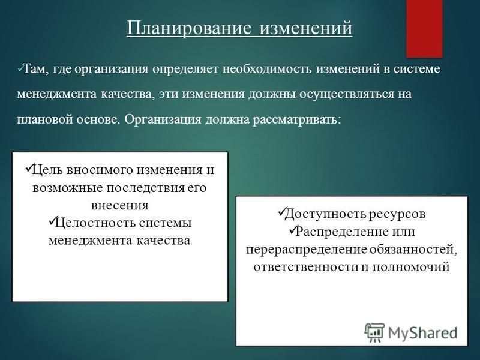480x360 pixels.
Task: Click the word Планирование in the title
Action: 189,28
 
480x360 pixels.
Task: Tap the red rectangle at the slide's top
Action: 424,28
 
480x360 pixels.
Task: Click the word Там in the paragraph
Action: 34,68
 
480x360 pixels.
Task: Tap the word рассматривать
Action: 296,119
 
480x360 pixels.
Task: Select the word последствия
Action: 146,188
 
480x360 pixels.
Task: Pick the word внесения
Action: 119,205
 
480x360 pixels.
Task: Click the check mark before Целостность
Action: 51,220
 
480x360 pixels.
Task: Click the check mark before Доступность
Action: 281,211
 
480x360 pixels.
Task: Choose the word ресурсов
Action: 397,214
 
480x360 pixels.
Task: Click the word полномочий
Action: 411,267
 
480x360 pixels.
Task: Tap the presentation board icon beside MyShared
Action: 374,332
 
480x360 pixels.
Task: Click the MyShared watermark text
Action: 423,333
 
